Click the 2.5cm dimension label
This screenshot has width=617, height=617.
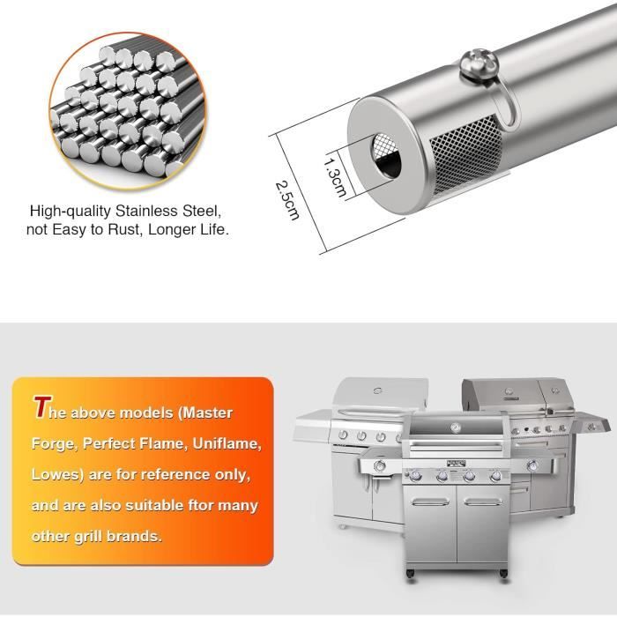[x=287, y=200]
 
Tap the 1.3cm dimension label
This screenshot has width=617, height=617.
[x=335, y=177]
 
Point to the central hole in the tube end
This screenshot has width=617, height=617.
[x=386, y=156]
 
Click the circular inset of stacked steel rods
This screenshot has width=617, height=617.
[x=127, y=111]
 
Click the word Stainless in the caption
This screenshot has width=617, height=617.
[x=146, y=212]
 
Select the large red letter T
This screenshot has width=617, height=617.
[x=42, y=407]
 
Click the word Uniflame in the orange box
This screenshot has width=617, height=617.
[x=227, y=444]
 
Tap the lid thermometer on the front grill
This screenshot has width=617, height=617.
[x=456, y=427]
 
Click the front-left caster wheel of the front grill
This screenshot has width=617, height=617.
[x=411, y=574]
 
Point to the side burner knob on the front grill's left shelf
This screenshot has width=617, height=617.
[x=380, y=466]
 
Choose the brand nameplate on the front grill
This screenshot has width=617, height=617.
[x=457, y=464]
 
